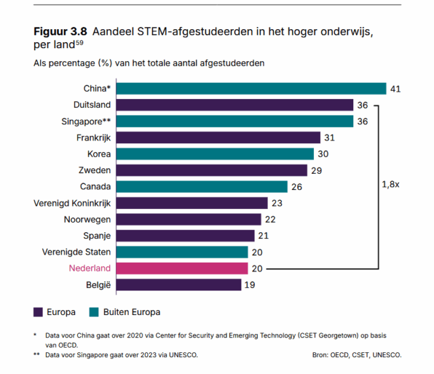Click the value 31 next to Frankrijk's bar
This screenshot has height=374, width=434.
330,138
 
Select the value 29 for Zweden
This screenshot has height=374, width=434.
317,170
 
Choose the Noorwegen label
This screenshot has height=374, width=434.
87,219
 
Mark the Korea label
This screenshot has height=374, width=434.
99,154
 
